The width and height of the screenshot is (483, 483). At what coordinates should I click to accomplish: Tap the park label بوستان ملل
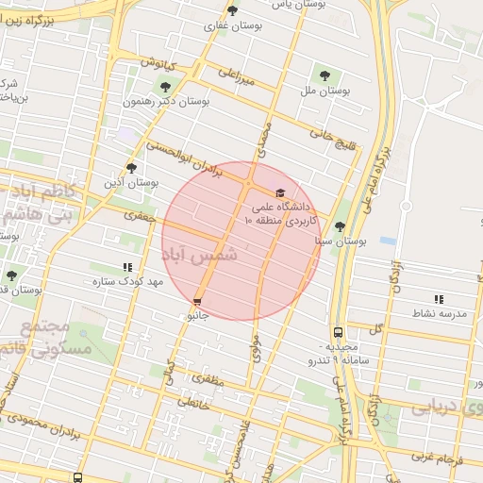pos(325,92)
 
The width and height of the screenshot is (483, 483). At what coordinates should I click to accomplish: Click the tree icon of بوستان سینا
pos(340,226)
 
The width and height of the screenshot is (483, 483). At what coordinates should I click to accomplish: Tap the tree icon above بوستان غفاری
pos(232,11)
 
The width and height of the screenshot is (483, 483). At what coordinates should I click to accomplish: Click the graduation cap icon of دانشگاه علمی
pos(278,193)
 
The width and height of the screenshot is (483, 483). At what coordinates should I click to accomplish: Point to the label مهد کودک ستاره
pos(128,282)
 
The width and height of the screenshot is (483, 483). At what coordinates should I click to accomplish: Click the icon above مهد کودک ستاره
pos(128,268)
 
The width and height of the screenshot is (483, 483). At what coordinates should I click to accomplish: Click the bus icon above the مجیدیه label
pos(338,332)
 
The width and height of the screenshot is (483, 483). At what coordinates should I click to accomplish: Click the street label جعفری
pos(139,217)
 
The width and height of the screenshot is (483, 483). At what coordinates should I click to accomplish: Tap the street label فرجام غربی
pos(441,458)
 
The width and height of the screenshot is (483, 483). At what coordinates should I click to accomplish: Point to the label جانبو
pos(196,317)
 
